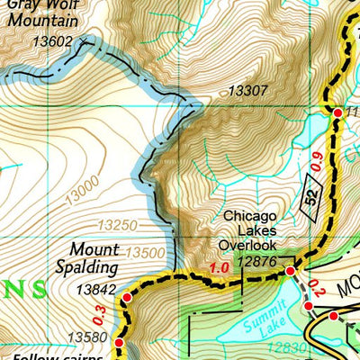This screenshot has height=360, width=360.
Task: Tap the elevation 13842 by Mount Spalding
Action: (x=97, y=289)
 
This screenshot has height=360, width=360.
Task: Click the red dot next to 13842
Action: (x=127, y=297)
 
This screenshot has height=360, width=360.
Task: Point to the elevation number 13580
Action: (x=97, y=338)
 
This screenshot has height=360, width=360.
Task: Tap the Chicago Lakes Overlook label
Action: (x=257, y=229)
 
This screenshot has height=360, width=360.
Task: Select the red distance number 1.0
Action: (x=218, y=268)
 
